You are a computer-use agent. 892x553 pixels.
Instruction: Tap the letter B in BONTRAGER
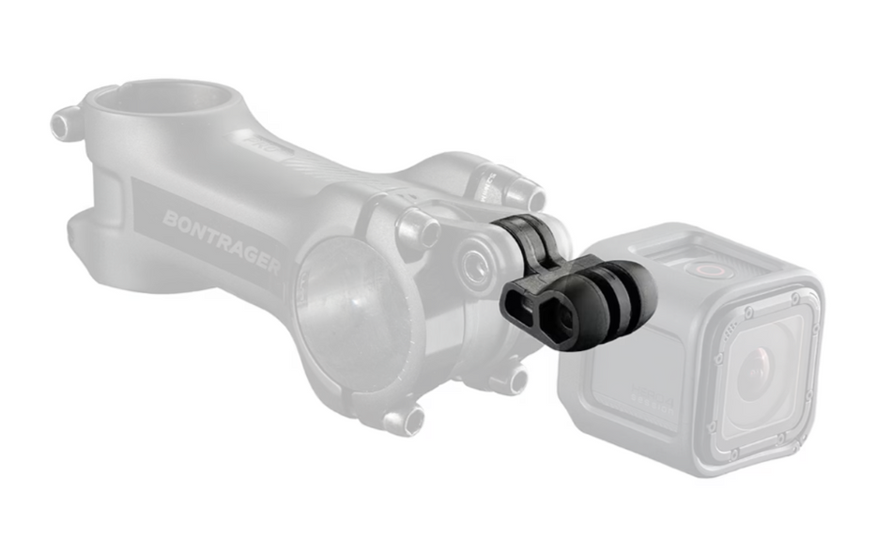(170, 219)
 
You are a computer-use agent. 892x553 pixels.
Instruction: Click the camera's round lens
(758, 374)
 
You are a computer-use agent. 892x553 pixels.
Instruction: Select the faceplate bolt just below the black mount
(513, 378)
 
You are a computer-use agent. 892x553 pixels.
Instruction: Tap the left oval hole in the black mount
(519, 303)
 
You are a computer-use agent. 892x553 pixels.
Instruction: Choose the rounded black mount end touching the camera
(642, 285)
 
